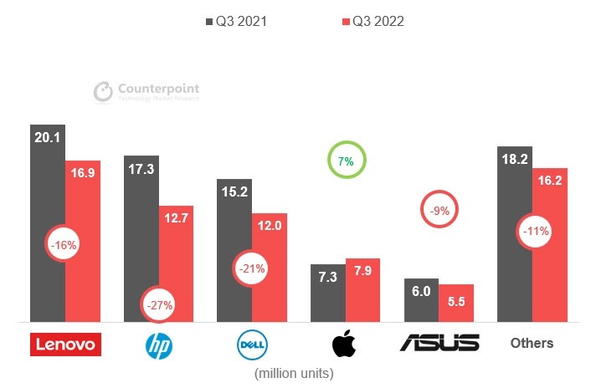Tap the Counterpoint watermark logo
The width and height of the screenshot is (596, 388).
pos(146,92)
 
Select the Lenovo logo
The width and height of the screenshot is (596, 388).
pos(64,343)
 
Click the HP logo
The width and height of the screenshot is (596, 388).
pos(158,343)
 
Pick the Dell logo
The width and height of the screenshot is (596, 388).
pos(252,343)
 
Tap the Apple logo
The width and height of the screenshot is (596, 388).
pos(344,343)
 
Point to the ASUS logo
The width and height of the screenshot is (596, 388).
pos(439,343)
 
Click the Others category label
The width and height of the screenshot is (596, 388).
pos(532,343)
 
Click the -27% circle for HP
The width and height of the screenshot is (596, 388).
pos(159,305)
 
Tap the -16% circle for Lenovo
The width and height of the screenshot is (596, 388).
pos(64,246)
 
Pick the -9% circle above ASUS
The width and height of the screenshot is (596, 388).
pos(440,212)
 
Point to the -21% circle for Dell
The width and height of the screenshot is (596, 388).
pos(251,269)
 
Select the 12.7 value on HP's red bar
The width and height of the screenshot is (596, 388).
pos(176,220)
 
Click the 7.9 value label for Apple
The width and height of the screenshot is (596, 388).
pos(362,273)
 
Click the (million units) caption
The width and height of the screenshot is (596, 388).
pos(298,372)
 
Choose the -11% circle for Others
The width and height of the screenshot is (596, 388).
pos(533,232)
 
